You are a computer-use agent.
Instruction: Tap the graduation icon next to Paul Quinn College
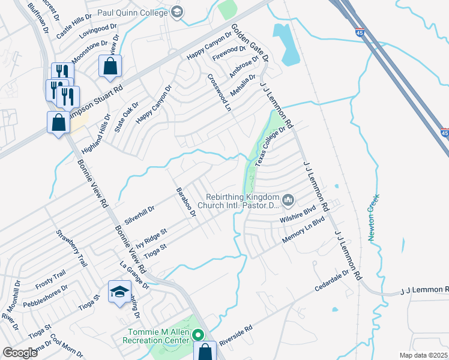point(176,11)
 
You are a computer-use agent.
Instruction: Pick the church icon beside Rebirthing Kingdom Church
point(288,199)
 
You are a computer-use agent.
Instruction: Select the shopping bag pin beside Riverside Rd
point(205,351)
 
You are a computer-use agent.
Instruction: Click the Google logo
point(20,353)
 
